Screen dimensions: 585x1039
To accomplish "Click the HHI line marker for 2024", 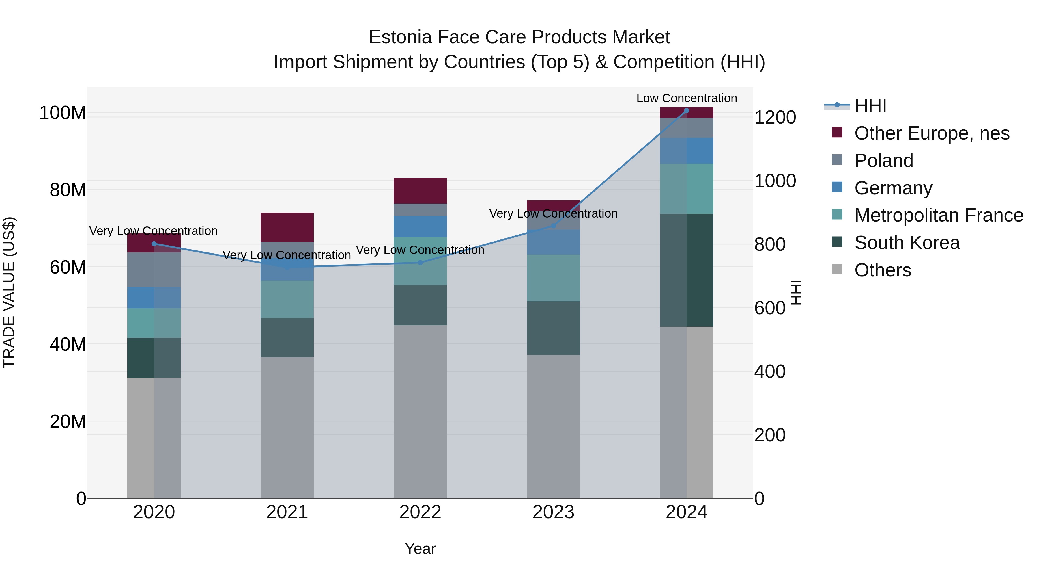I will point(687,111).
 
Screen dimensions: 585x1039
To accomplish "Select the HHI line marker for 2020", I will point(154,244).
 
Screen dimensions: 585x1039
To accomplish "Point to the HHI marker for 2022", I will point(420,262).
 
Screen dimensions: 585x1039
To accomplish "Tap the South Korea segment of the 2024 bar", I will point(687,270).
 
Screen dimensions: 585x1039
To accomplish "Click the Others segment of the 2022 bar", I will point(420,411).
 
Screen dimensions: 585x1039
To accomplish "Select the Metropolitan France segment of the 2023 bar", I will point(553,278).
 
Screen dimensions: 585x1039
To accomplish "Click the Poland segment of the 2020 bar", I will point(154,270).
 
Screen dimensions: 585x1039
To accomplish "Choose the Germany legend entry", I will point(893,188).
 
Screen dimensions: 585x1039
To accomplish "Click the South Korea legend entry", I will point(907,243).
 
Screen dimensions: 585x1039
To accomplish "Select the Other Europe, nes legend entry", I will point(931,133).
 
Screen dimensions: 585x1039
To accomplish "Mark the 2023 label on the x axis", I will point(553,512).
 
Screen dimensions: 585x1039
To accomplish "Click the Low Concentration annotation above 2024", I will point(687,98).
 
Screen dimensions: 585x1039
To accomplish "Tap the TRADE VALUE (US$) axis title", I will point(9,292).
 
